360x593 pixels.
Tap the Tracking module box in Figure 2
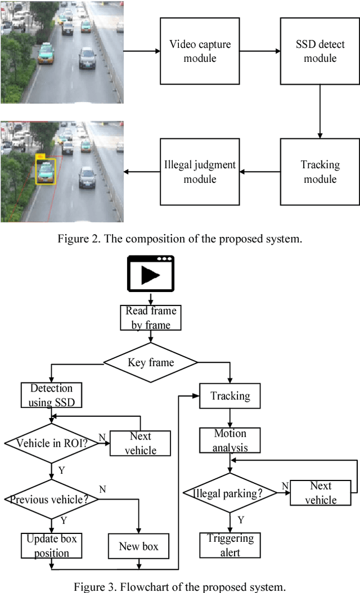click(x=320, y=172)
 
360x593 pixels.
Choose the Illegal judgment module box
click(x=200, y=172)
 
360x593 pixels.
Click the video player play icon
click(x=151, y=275)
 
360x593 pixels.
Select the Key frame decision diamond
click(x=151, y=362)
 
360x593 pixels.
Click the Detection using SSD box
click(x=51, y=395)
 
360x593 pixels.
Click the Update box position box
click(x=51, y=546)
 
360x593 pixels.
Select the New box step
click(x=138, y=546)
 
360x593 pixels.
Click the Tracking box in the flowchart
click(x=229, y=396)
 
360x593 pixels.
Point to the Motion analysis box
click(x=229, y=441)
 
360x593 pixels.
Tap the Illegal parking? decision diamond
click(x=229, y=493)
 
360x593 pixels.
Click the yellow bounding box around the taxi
click(x=45, y=171)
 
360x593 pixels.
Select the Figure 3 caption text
click(x=179, y=586)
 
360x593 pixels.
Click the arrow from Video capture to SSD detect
click(x=259, y=51)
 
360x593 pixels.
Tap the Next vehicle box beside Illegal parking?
click(x=321, y=492)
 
